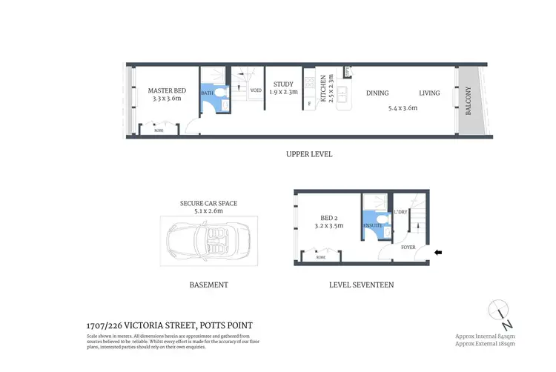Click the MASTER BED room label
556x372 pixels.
click(166, 91)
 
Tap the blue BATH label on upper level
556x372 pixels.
click(207, 93)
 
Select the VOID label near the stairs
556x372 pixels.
click(256, 90)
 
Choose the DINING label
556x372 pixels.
click(377, 93)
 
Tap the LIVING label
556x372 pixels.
click(429, 93)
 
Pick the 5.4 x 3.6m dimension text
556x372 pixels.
click(403, 108)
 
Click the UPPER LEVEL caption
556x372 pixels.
click(309, 155)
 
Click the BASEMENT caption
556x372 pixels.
click(208, 285)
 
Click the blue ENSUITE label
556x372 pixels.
click(372, 225)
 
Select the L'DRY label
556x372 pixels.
click(400, 213)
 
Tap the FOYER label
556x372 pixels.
click(408, 247)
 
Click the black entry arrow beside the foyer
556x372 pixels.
click(438, 253)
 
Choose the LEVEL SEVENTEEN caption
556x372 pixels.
click(361, 285)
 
